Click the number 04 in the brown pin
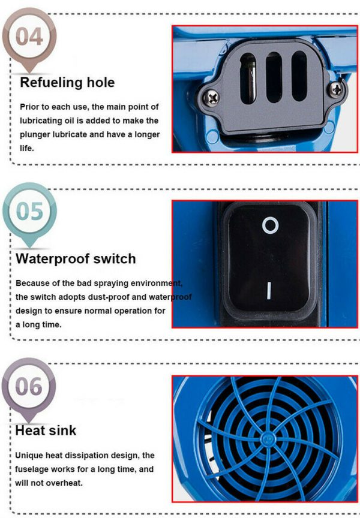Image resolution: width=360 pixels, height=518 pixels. pos(29,37)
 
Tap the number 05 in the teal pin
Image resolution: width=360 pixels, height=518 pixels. pos(29,212)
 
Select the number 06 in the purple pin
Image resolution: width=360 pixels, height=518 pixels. pos(29,386)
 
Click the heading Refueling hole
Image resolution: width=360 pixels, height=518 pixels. pos(67,82)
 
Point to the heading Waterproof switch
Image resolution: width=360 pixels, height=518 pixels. pos(76,258)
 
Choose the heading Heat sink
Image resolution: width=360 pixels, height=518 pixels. pos(46,430)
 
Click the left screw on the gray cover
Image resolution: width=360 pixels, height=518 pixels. pos(211,98)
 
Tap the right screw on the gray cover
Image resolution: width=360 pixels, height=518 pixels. pos(336,89)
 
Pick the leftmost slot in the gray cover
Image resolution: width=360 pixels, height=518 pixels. pos(248,79)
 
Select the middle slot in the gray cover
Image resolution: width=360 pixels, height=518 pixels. pos(274,77)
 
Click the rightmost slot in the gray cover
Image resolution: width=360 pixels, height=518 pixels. pos(299,76)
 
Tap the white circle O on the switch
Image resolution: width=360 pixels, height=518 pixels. pos(271,225)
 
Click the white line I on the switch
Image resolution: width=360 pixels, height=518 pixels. pos(269,291)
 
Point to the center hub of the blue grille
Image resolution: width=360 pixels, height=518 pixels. pos(267,439)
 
